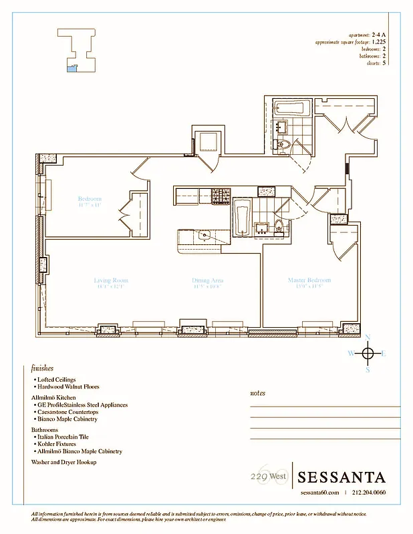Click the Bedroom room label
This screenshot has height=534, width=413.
tap(90, 199)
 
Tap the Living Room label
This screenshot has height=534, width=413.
tap(111, 280)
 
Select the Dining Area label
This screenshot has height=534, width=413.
tap(207, 280)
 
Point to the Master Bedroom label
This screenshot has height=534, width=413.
tap(309, 280)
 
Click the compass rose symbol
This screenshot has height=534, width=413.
tap(368, 353)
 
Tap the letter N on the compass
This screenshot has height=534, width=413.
tap(368, 337)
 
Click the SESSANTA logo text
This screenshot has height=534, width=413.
tap(341, 477)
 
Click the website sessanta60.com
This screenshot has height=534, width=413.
tap(319, 493)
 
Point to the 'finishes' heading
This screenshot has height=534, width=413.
tap(42, 368)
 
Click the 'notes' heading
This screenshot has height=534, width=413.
tap(257, 393)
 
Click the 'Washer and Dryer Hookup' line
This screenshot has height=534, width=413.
tap(64, 462)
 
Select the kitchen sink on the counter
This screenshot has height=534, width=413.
tap(203, 236)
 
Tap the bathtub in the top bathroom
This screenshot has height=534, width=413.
tap(293, 108)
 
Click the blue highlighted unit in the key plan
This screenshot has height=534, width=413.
tap(72, 67)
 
